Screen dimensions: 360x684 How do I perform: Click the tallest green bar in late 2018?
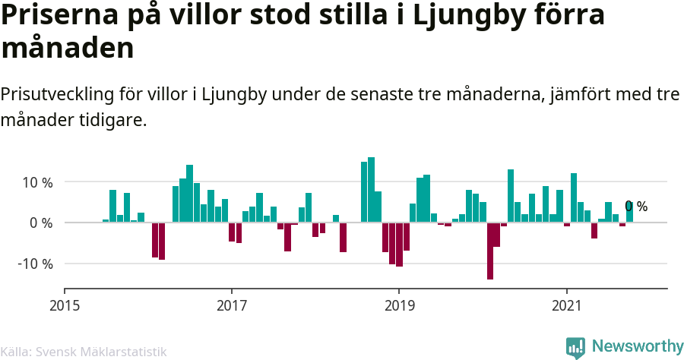point(371,190)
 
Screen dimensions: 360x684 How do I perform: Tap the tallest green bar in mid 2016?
point(189,194)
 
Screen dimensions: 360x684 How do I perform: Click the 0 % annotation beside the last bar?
point(636,207)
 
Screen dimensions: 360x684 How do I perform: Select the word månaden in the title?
point(68,49)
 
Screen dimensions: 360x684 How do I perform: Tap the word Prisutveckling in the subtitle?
point(57,95)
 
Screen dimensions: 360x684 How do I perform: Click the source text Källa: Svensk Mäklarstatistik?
point(83,352)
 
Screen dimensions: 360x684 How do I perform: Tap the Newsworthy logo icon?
point(575,347)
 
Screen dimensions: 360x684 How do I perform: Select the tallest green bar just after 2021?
point(574,197)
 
